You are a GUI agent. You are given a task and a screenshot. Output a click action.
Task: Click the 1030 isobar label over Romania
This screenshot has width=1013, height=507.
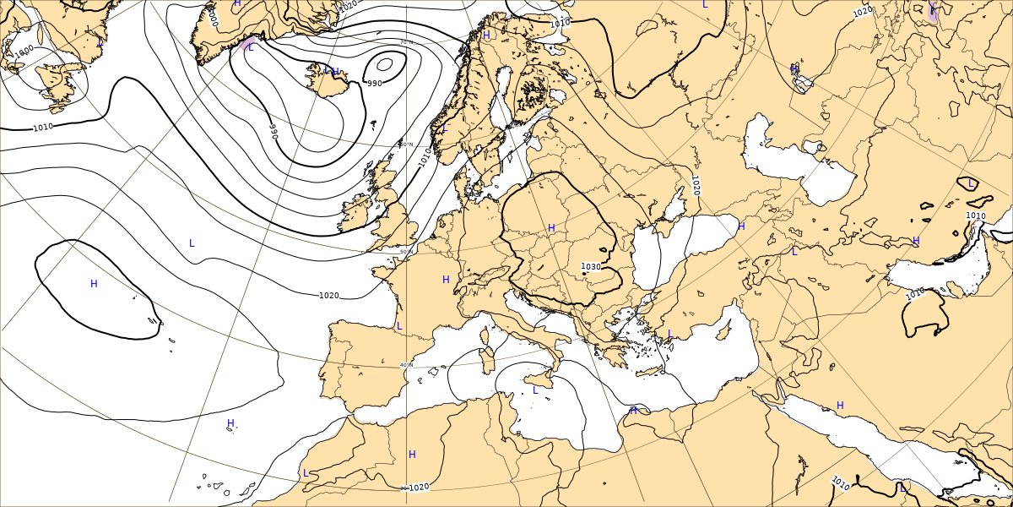click(591, 267)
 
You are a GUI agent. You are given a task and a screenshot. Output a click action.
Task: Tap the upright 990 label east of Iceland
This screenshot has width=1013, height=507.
click(374, 83)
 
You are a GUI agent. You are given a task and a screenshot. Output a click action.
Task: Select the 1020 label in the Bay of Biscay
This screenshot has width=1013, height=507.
click(329, 296)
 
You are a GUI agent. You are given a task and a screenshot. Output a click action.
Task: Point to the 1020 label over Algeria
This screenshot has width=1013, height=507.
click(419, 487)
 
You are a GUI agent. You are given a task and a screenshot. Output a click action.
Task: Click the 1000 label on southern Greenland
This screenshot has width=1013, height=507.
click(214, 18)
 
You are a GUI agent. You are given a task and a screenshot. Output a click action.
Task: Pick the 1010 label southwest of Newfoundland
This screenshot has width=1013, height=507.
click(43, 128)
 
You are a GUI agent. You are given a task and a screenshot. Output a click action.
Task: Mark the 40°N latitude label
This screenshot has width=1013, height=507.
click(406, 365)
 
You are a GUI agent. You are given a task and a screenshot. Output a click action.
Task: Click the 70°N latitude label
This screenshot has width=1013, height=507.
click(406, 42)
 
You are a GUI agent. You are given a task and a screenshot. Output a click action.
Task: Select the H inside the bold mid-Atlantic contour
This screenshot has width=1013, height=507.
click(94, 284)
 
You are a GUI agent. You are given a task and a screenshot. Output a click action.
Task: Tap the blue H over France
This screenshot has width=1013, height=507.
click(446, 280)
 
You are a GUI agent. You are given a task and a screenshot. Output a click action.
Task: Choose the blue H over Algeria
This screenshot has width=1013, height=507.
click(412, 455)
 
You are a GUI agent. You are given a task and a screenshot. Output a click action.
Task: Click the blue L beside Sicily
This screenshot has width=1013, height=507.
click(535, 390)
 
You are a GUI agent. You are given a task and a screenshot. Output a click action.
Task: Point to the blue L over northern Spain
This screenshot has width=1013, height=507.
click(399, 326)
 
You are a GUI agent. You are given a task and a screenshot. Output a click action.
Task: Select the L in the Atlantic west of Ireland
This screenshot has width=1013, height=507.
click(192, 243)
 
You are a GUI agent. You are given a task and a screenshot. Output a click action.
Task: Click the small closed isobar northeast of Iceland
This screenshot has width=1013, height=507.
click(384, 63)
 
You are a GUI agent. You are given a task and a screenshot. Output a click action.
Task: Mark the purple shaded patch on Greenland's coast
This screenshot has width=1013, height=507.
click(248, 44)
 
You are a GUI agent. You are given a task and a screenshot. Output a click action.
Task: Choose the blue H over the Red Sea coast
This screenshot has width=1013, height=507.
click(840, 406)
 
